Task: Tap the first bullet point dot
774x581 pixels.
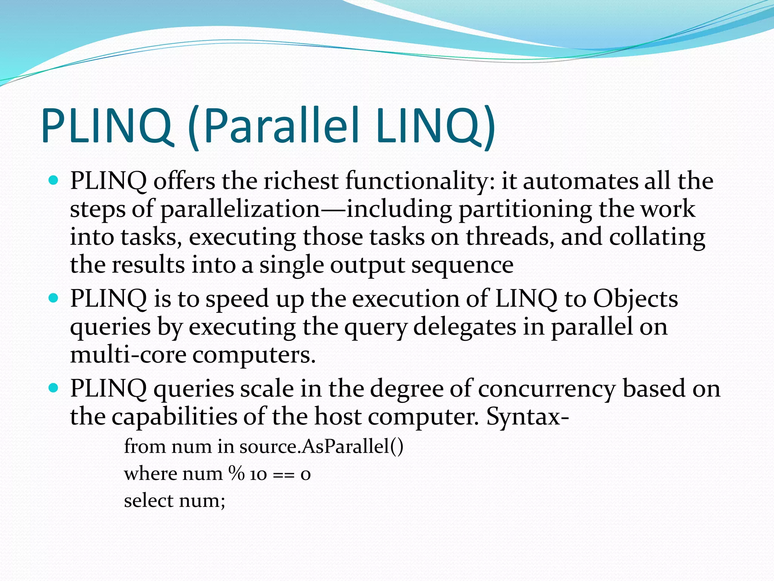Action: [x=54, y=180]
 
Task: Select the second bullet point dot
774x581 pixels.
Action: [x=54, y=298]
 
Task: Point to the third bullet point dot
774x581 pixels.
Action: [x=54, y=388]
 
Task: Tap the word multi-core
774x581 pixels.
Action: [x=128, y=355]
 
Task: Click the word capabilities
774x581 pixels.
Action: [x=174, y=416]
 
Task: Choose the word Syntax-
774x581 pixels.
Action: [x=528, y=416]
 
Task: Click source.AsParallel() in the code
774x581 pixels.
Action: [x=321, y=446]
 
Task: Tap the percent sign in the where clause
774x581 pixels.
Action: [x=236, y=473]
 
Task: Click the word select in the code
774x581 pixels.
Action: [x=148, y=500]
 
